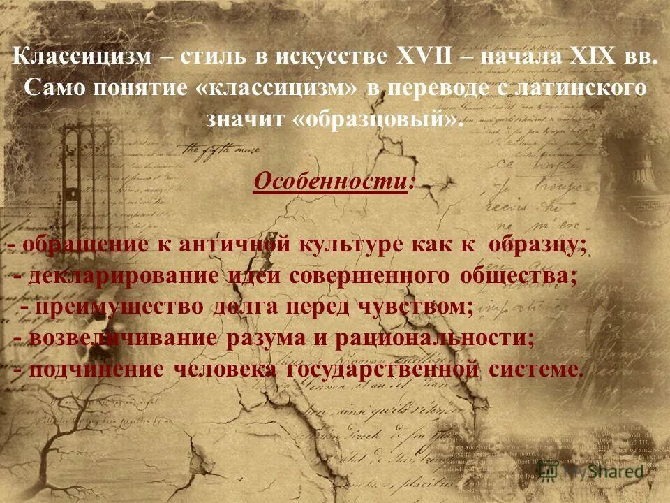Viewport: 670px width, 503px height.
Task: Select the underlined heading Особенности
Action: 334,181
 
